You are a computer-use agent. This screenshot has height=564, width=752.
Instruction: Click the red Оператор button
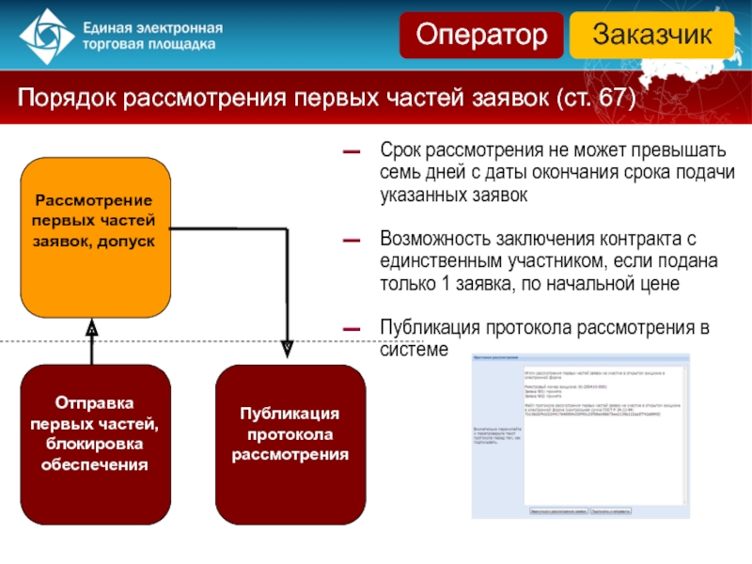pos(482,36)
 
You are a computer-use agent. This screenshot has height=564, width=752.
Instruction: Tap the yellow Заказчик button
pos(650,36)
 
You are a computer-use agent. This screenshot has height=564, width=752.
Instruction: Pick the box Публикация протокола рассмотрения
pos(290,444)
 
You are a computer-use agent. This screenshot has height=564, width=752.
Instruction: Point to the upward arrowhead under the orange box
pos(92,329)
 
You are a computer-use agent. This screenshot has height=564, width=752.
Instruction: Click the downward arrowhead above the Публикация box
pos(288,347)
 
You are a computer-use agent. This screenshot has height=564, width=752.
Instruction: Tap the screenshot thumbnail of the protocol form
pos(580,435)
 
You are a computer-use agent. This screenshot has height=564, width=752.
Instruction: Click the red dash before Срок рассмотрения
pos(352,151)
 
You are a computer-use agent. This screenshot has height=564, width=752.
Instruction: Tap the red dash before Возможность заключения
pos(352,241)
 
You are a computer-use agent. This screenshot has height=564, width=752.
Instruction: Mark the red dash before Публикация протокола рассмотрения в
pos(352,329)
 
